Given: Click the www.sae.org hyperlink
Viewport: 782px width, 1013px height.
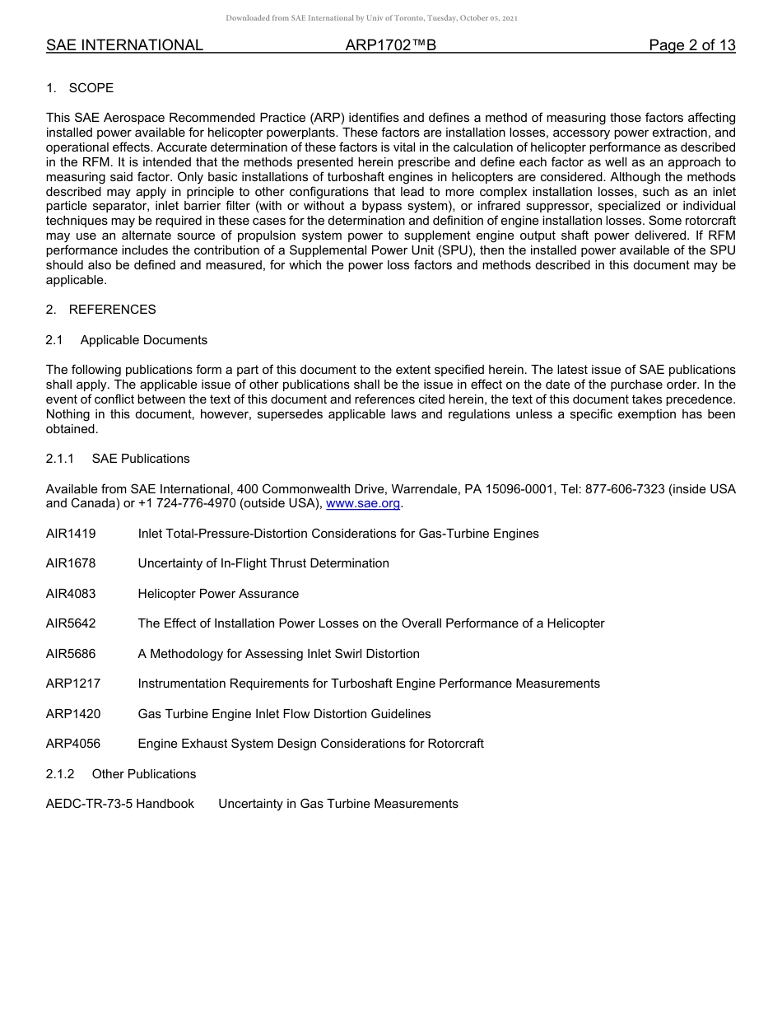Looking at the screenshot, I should click(x=363, y=504).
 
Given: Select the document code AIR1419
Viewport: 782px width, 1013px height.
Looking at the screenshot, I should click(x=71, y=534).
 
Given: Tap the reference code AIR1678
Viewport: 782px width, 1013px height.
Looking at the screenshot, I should click(x=71, y=563).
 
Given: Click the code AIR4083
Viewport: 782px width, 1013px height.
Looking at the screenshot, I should click(x=71, y=594).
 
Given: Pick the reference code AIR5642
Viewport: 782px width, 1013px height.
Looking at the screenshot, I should click(x=71, y=623).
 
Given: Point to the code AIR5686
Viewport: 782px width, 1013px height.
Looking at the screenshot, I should click(x=71, y=654).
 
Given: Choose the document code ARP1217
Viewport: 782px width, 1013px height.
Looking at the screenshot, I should click(x=72, y=684).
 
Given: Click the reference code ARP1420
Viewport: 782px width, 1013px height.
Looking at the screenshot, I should click(x=72, y=714).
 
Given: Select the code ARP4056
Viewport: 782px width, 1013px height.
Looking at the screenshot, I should click(x=72, y=744).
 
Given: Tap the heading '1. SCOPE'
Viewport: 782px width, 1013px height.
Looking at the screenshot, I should click(x=80, y=88).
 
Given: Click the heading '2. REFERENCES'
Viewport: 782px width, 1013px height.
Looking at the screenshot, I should click(x=100, y=310).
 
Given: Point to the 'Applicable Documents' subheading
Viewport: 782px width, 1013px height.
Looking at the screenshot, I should click(x=143, y=340).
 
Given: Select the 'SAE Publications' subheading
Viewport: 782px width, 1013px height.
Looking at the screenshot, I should click(x=141, y=459).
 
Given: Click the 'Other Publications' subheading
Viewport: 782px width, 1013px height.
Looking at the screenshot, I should click(x=144, y=774).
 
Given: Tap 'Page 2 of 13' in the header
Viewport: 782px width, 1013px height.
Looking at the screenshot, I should click(x=691, y=46).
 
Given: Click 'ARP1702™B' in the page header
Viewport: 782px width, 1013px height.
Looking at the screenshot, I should click(x=390, y=46).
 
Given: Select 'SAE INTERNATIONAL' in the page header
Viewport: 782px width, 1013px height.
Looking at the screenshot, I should click(x=124, y=46).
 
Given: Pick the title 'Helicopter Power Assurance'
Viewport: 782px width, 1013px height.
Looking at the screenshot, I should click(x=218, y=594).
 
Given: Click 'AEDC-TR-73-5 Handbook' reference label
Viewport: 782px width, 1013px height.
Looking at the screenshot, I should click(x=120, y=804).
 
